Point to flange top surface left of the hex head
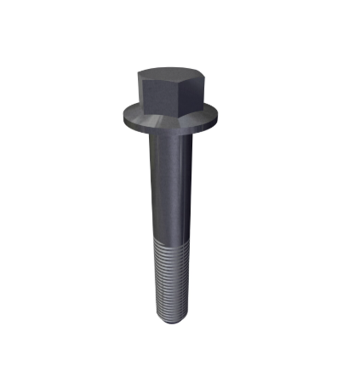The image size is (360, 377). [130, 111]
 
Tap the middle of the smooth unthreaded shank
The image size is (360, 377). [171, 187]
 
